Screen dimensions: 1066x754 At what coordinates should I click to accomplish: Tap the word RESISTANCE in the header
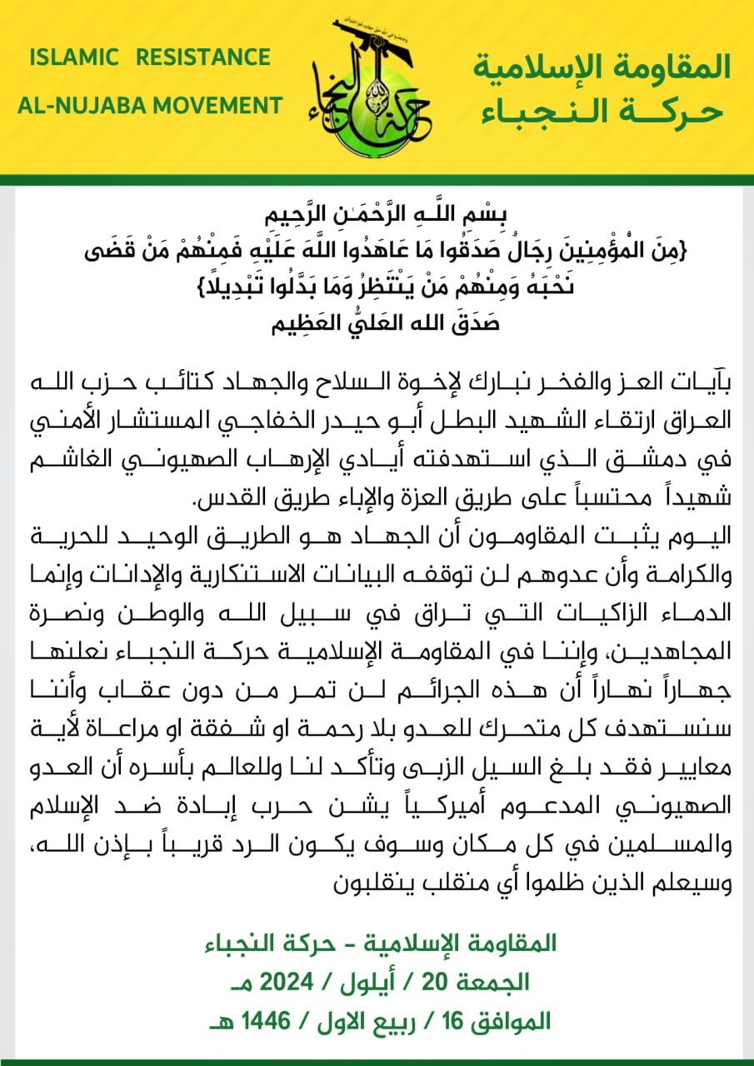203,57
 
